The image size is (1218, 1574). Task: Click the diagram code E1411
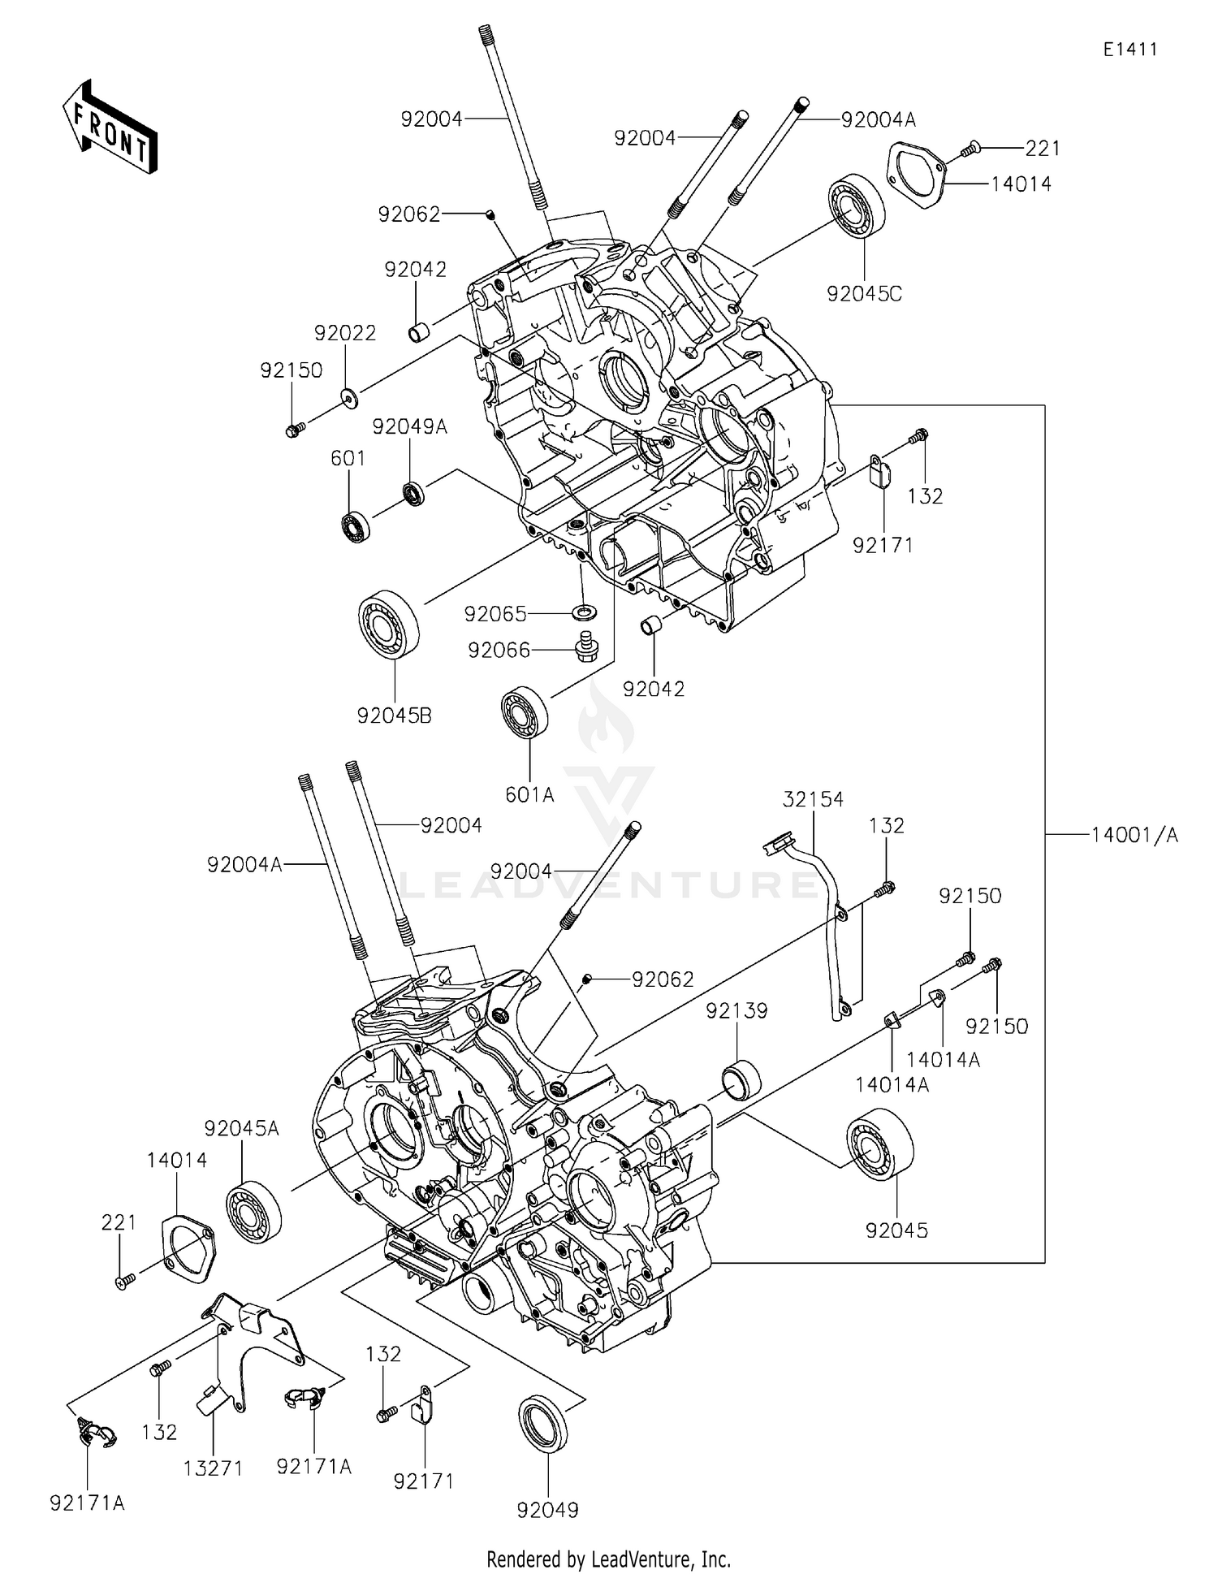[x=1129, y=50]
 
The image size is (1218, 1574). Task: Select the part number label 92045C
[x=864, y=294]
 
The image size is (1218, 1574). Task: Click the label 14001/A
[x=1134, y=834]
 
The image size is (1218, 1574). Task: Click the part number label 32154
[x=813, y=799]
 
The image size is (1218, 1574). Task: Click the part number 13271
[x=212, y=1468]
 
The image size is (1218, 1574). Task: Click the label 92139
[x=736, y=1010]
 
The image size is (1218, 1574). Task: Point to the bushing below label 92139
[x=741, y=1079]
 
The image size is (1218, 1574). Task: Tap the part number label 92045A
[x=242, y=1128]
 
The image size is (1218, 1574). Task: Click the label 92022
[x=345, y=333]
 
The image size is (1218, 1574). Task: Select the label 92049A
[x=410, y=426]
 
